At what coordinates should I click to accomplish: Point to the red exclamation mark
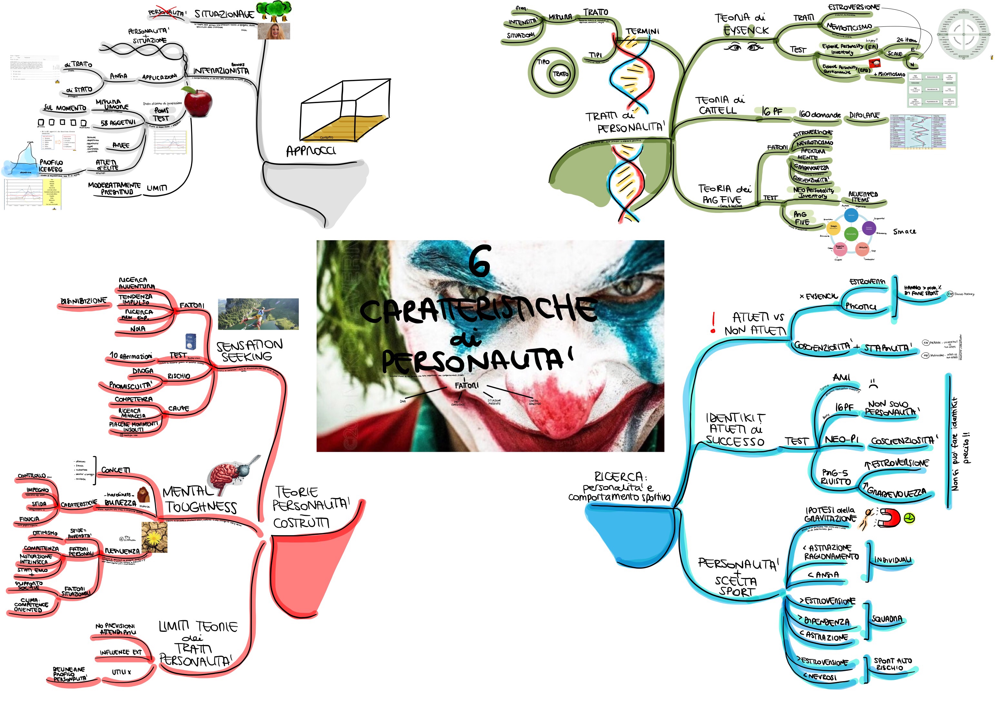coord(713,323)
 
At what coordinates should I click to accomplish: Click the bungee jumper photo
coord(258,314)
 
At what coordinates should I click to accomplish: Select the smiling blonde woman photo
coord(274,31)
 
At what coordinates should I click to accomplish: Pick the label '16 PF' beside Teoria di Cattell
coord(772,112)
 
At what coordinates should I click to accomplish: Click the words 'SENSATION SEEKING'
coord(249,351)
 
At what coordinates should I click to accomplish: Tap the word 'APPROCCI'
coord(311,151)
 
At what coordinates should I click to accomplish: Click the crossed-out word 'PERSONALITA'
coord(166,13)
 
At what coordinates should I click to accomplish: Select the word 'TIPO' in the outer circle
coord(543,62)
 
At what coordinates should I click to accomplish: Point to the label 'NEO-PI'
coord(842,440)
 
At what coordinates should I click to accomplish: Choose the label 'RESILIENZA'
coord(123,551)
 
